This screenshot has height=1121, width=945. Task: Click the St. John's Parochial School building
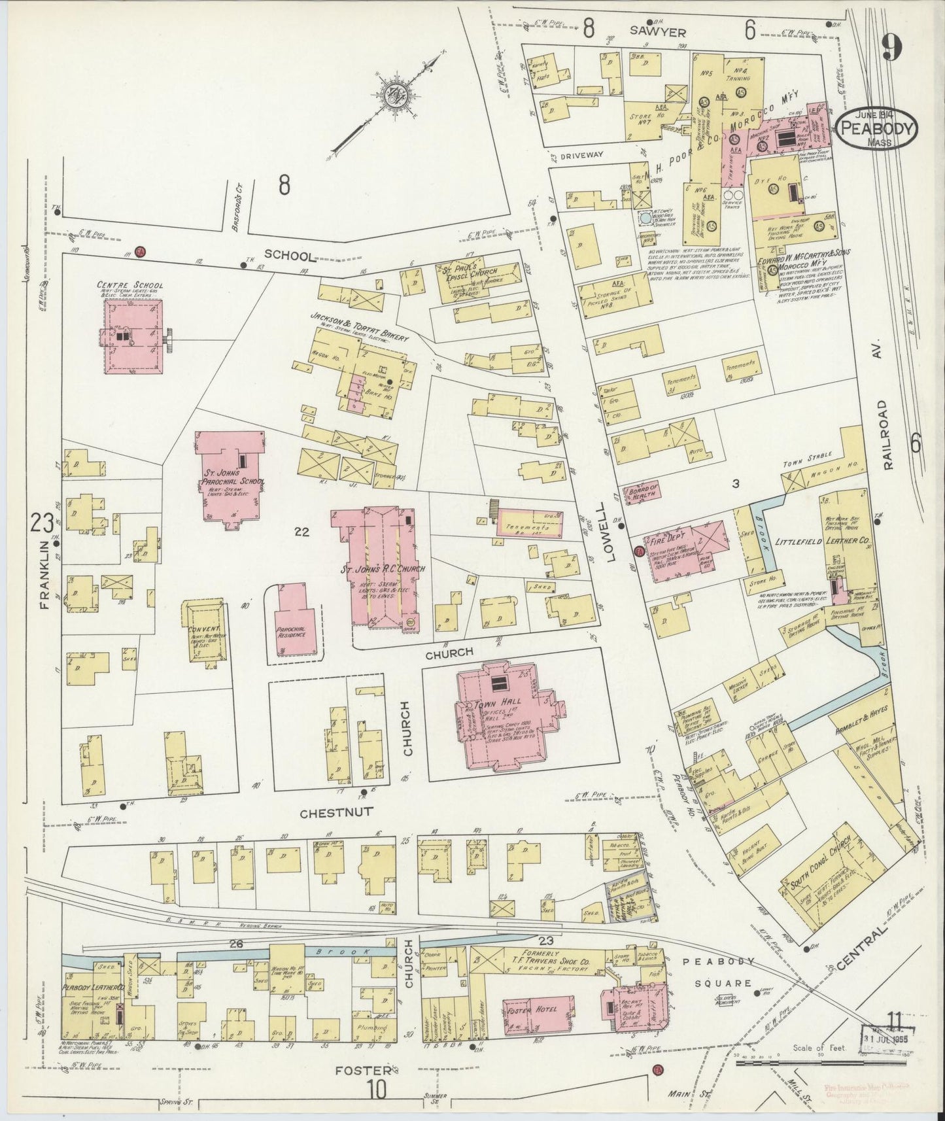pos(232,476)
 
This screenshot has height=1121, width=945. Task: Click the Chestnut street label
pos(336,812)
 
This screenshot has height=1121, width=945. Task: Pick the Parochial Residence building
pos(298,621)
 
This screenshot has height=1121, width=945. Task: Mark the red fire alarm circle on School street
pos(140,252)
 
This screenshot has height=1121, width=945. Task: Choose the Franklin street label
pos(44,573)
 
